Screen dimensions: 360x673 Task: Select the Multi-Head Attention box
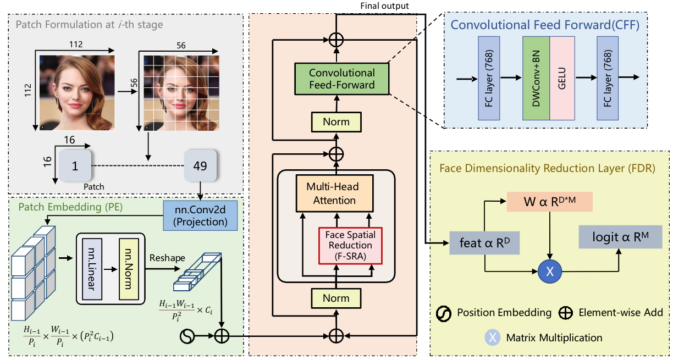tap(334, 194)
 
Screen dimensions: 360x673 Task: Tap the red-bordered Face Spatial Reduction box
tap(349, 245)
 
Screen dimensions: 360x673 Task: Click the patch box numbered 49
tap(200, 165)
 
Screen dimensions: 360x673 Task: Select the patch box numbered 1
tap(75, 165)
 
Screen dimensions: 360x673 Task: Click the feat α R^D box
tap(484, 242)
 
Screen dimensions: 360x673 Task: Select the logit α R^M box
tap(619, 237)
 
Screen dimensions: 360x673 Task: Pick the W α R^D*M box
tap(550, 202)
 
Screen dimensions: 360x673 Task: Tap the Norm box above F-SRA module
tap(336, 121)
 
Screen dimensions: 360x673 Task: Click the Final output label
tap(384, 6)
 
